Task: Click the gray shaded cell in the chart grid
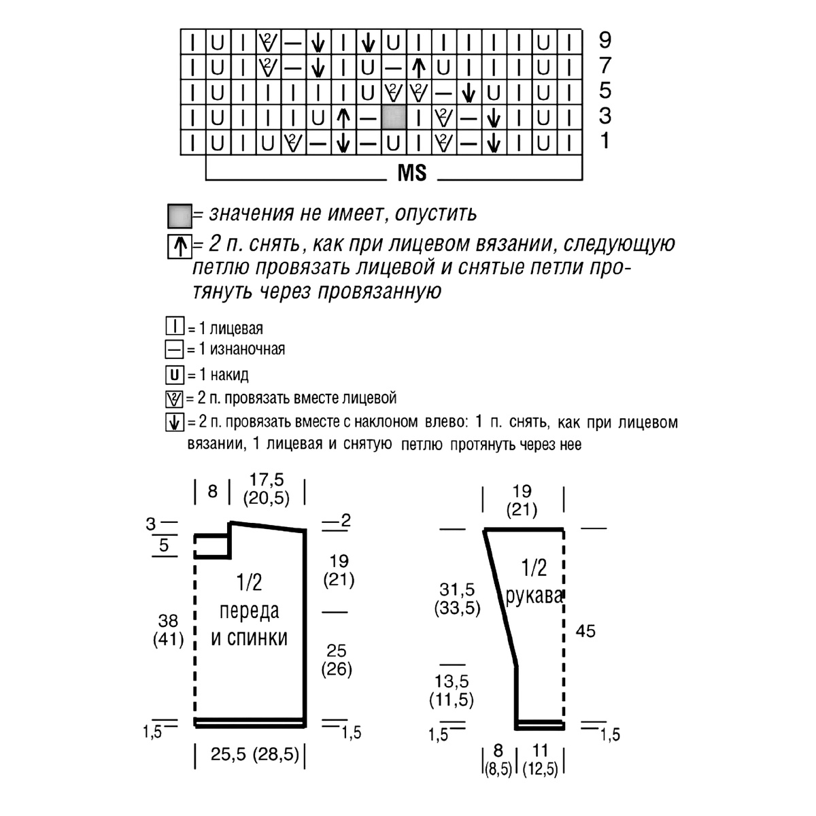pyautogui.click(x=394, y=117)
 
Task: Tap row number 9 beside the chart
pyautogui.click(x=605, y=40)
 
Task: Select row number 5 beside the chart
pyautogui.click(x=605, y=90)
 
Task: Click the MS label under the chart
pyautogui.click(x=411, y=173)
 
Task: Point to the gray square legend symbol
pyautogui.click(x=180, y=216)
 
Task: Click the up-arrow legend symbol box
pyautogui.click(x=180, y=246)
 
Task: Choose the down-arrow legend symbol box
pyautogui.click(x=175, y=422)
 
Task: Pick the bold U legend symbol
pyautogui.click(x=175, y=375)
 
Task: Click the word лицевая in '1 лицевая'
pyautogui.click(x=236, y=328)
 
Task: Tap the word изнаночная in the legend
pyautogui.click(x=248, y=349)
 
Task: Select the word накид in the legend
pyautogui.click(x=229, y=375)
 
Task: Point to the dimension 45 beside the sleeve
pyautogui.click(x=585, y=631)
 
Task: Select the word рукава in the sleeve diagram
pyautogui.click(x=534, y=596)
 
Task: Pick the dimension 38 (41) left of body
pyautogui.click(x=168, y=630)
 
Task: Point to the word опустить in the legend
pyautogui.click(x=435, y=214)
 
